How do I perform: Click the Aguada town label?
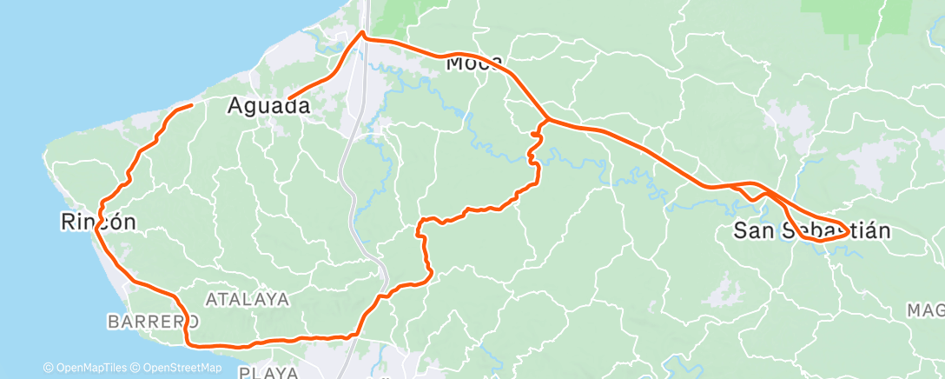click(268, 106)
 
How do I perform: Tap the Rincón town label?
click(98, 222)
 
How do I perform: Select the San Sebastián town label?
click(812, 231)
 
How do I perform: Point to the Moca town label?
click(473, 63)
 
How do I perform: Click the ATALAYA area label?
click(247, 299)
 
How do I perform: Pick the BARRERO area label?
click(148, 322)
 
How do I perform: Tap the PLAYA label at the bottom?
click(268, 373)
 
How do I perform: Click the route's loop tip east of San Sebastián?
click(848, 231)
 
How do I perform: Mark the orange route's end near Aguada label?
click(289, 98)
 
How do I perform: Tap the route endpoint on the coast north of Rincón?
click(191, 104)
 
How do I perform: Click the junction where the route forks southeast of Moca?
click(546, 120)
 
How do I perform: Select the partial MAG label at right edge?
click(925, 310)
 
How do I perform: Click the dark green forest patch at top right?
click(839, 10)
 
